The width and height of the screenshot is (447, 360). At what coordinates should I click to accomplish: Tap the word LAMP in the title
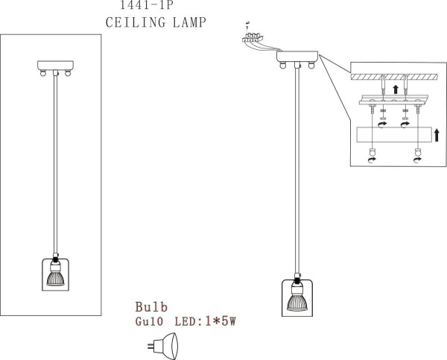tap(184, 22)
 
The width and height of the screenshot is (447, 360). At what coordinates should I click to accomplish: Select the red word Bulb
tap(151, 307)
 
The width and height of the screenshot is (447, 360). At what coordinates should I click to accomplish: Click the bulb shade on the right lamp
tap(297, 295)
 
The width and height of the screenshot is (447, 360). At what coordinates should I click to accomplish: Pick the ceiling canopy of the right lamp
tap(297, 56)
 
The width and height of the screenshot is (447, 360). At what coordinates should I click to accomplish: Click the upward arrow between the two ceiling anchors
tap(395, 91)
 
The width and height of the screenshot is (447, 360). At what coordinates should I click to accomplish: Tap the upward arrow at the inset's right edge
tap(437, 136)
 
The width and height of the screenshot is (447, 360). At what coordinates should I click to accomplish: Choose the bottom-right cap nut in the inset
tap(416, 155)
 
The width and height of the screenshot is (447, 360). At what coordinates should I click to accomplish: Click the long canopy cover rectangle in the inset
tap(396, 136)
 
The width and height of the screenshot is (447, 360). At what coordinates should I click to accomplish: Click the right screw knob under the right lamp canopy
tap(312, 66)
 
